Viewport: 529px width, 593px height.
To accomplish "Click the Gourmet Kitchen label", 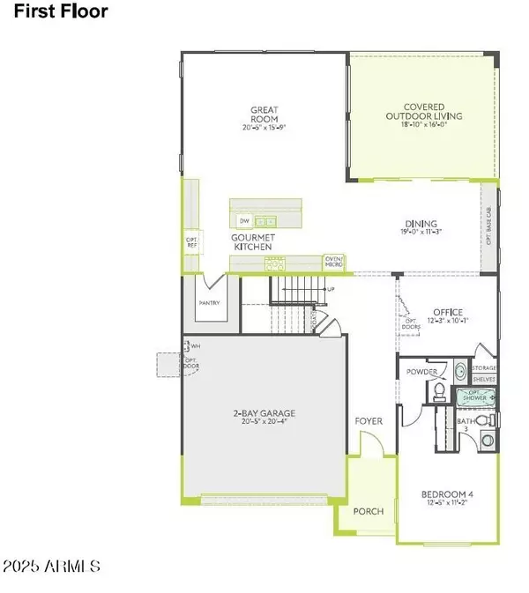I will coord(253,242).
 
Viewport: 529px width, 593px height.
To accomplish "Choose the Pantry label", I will coord(209,303).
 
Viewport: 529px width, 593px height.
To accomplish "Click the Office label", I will coord(448,311).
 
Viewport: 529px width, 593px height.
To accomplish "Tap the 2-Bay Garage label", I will coord(264,413).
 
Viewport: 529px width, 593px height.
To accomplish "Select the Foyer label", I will coord(369,421).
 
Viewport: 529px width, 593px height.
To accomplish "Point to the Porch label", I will coord(368,511).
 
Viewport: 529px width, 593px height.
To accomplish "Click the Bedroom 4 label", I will coord(449,494).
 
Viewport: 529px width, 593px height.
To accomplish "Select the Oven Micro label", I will coord(334,262).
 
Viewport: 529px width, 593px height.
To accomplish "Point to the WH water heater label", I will coord(195,345).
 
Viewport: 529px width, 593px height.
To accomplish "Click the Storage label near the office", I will coord(484,367).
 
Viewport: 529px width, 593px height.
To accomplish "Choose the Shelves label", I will coord(484,379).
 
